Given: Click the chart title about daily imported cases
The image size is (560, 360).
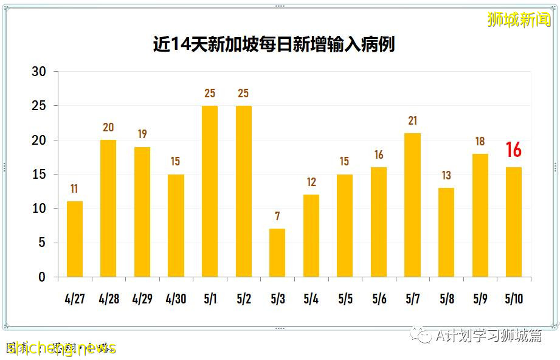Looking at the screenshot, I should click(274, 44).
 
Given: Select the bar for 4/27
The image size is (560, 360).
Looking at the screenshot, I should click(75, 239).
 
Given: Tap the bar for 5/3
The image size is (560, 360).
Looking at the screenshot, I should click(277, 252).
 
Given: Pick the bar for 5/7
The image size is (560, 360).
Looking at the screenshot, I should click(412, 205).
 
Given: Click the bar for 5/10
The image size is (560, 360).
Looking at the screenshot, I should click(513, 222).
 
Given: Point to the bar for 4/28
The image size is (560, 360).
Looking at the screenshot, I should click(108, 208).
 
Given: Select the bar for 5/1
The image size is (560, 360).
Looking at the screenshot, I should click(210, 191).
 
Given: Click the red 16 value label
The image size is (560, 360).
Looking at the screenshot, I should click(513, 150).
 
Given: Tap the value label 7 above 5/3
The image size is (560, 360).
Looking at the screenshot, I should click(277, 216).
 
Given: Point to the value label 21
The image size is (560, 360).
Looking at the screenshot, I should click(412, 121).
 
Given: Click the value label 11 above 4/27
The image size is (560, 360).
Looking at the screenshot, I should click(75, 189).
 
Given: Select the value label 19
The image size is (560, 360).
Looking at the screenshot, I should click(142, 134).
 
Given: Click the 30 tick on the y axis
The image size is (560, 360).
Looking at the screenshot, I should click(39, 72).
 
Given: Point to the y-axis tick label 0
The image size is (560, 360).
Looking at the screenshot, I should click(42, 277).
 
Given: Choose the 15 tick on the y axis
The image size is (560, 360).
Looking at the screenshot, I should click(39, 175).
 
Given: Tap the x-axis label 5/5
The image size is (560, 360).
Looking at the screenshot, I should click(345, 299).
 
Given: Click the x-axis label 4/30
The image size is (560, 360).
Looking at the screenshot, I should click(176, 299).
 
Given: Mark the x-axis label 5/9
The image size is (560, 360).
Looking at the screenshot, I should click(480, 299).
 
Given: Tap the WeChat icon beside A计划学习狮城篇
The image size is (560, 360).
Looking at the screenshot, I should click(420, 335).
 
